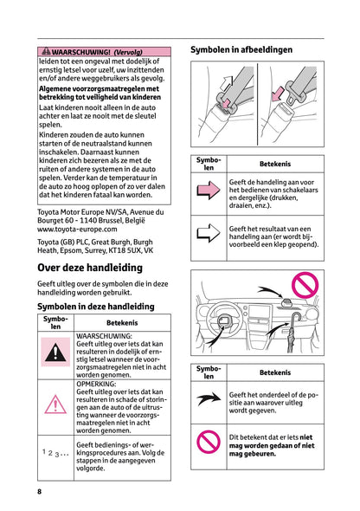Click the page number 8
point(39,492)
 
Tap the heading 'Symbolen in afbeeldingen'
point(241,49)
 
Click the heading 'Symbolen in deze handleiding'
point(96,306)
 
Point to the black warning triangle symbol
point(55,353)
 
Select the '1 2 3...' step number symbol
point(55,452)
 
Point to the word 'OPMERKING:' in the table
point(100,382)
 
